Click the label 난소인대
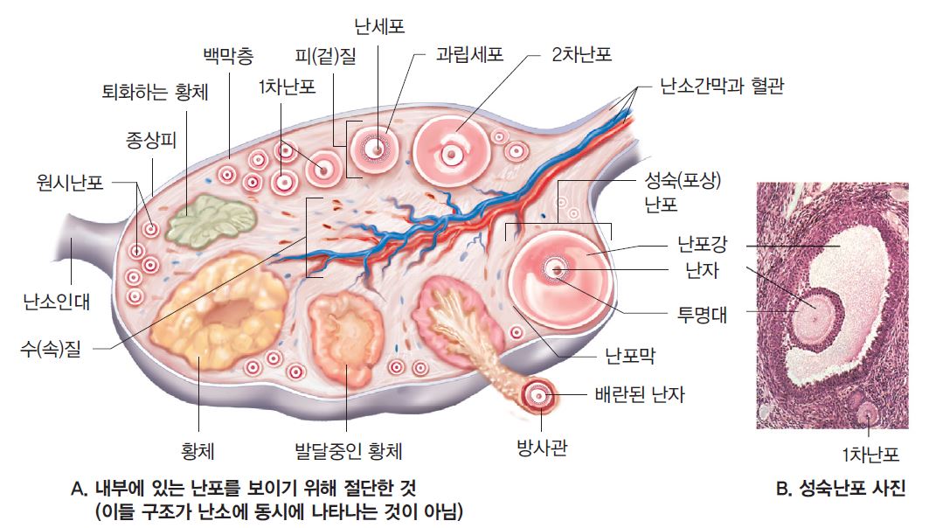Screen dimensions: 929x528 (57, 302)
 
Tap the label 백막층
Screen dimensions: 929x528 (228, 56)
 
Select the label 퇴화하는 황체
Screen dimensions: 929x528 (156, 93)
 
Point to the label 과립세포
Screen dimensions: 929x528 (470, 54)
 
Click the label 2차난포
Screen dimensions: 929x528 (582, 54)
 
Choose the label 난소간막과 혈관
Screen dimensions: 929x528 (722, 86)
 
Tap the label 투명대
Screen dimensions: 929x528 (702, 314)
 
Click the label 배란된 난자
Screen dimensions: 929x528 (640, 394)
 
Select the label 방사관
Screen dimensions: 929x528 (542, 448)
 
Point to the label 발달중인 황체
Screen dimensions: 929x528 (349, 452)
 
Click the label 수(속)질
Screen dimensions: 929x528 (51, 349)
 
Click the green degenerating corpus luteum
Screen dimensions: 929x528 (211, 219)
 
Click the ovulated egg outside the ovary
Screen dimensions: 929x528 (538, 395)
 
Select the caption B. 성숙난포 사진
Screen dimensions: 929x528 (841, 489)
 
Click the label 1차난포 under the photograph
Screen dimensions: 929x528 (870, 455)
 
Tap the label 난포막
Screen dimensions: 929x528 (630, 356)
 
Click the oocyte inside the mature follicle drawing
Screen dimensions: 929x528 (557, 270)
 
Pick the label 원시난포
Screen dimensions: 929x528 (70, 182)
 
